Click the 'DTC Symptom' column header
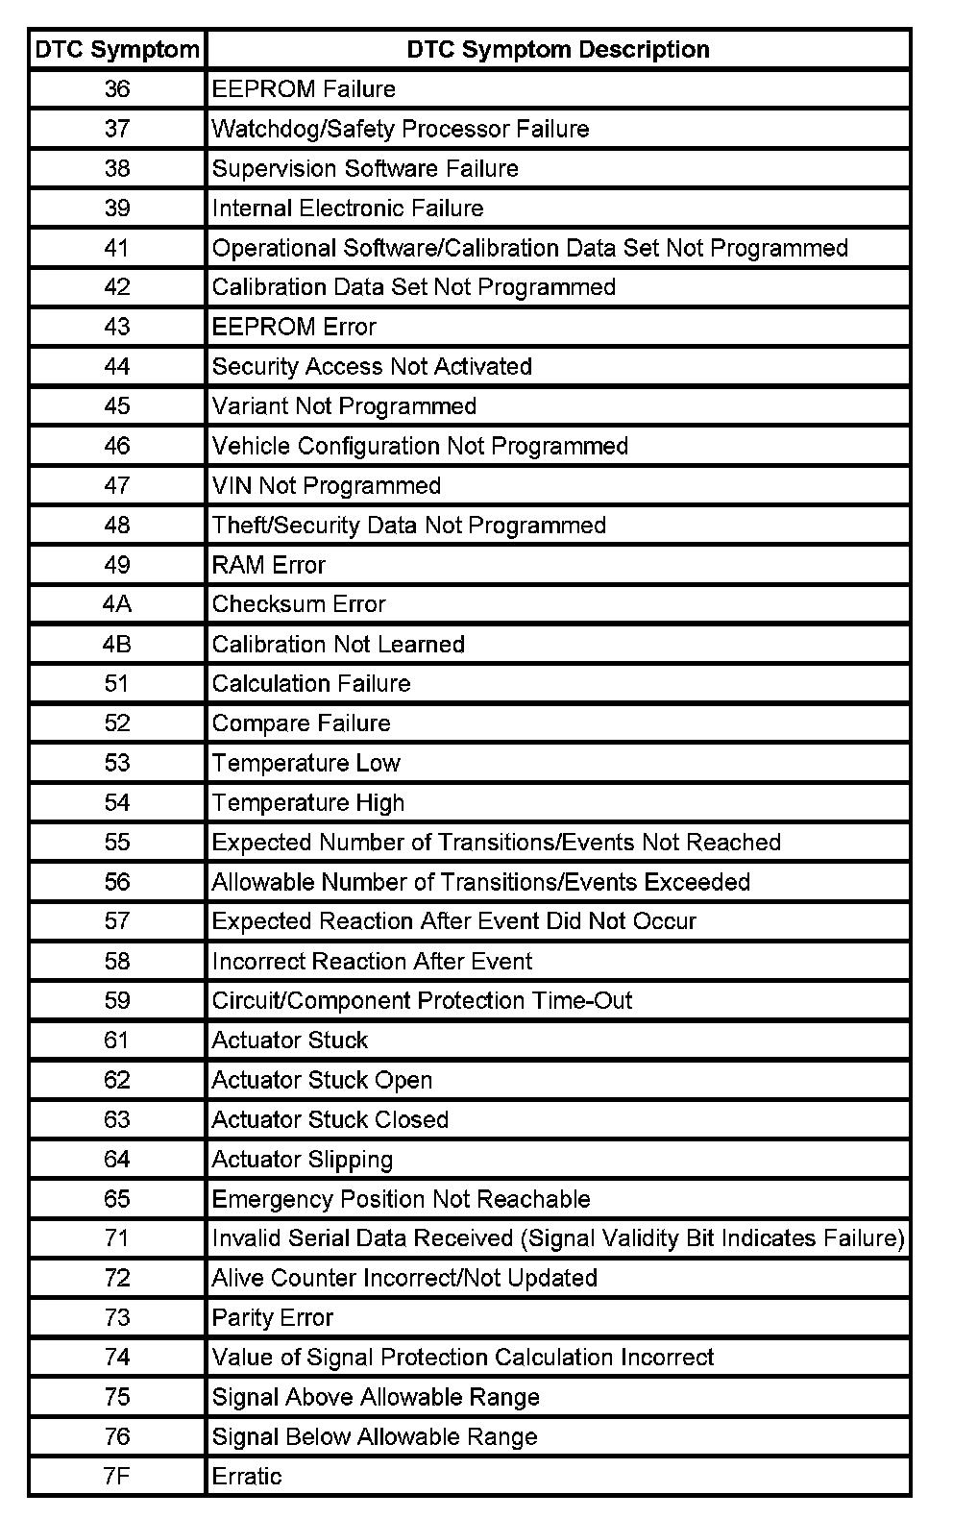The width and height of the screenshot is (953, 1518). [117, 50]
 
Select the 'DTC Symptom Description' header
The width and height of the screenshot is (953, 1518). [558, 50]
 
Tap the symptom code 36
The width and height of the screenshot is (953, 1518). [117, 89]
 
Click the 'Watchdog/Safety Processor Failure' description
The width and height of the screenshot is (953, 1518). [401, 129]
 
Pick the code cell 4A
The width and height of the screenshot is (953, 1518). [117, 604]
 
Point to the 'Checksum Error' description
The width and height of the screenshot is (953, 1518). [299, 604]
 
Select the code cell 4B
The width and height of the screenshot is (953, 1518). [117, 644]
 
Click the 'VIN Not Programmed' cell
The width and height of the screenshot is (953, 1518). [327, 485]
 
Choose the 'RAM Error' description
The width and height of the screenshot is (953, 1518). [269, 565]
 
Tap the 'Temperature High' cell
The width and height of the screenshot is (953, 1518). [308, 802]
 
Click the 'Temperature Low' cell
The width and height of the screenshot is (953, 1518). [306, 763]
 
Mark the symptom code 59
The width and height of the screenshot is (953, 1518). [117, 1000]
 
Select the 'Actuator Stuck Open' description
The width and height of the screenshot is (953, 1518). [322, 1080]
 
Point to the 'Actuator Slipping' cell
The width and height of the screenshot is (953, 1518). [303, 1160]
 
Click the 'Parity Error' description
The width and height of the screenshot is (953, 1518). [273, 1317]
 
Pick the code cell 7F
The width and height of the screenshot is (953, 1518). [117, 1476]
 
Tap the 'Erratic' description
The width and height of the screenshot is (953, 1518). [247, 1476]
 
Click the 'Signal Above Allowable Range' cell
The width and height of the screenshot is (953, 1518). [376, 1397]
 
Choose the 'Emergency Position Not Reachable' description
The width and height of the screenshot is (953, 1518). [401, 1199]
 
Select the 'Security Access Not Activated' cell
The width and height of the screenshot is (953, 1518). [372, 366]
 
